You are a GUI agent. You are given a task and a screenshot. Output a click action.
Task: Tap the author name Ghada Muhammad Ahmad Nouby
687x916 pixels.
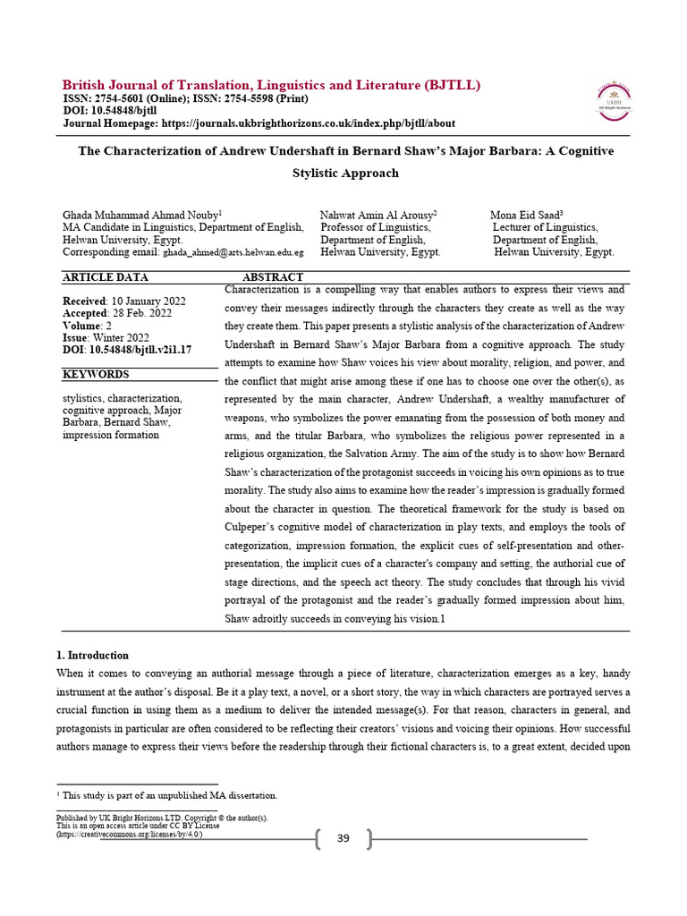click(140, 216)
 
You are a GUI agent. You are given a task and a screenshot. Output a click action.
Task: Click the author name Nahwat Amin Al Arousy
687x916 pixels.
click(377, 216)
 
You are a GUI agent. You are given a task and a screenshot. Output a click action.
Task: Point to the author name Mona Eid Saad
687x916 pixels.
click(524, 216)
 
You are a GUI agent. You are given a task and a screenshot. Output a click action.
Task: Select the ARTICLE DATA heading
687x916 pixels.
click(106, 277)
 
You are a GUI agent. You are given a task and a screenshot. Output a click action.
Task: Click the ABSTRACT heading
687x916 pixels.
click(273, 277)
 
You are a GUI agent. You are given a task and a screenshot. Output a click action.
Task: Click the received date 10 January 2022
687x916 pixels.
click(147, 301)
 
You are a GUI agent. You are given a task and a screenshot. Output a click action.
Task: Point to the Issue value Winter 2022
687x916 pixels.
click(124, 338)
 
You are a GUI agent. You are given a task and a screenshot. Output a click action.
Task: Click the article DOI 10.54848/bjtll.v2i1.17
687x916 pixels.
click(140, 350)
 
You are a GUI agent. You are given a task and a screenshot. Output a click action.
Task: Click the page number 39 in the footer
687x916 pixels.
click(343, 838)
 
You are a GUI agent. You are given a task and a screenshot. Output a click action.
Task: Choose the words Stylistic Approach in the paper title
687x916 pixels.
click(345, 173)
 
